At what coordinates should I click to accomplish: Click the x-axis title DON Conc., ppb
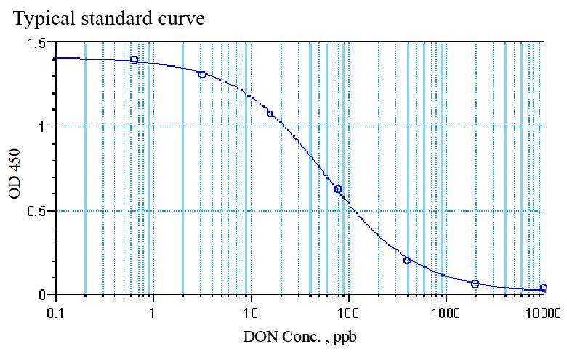[x=299, y=338]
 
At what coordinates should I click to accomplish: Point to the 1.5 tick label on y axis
[x=39, y=44]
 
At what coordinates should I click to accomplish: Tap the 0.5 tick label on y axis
[x=39, y=212]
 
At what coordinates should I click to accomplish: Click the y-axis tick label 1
[x=44, y=127]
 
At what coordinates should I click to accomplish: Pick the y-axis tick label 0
[x=44, y=295]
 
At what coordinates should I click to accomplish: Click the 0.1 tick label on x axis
[x=55, y=314]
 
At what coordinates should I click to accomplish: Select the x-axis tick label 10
[x=250, y=314]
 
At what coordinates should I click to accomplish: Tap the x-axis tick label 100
[x=348, y=314]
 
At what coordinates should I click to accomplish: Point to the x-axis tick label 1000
[x=446, y=314]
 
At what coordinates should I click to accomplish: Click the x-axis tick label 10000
[x=543, y=314]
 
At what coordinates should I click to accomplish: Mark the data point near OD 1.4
[x=134, y=60]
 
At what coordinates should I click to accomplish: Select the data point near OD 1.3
[x=202, y=74]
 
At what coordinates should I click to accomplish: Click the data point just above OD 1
[x=270, y=114]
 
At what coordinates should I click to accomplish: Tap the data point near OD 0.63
[x=338, y=189]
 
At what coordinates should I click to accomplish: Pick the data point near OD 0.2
[x=407, y=260]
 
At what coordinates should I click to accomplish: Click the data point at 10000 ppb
[x=544, y=287]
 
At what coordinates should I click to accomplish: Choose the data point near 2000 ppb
[x=475, y=284]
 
